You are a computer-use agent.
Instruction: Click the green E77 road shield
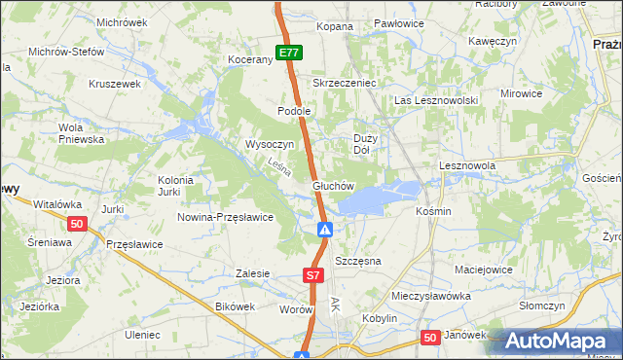288,54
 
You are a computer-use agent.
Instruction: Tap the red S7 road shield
312,276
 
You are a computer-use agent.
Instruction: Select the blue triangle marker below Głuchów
326,231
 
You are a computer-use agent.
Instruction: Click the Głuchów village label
332,185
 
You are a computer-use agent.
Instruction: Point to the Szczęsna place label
357,262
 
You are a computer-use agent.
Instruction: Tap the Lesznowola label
467,165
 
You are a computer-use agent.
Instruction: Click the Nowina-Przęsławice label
224,217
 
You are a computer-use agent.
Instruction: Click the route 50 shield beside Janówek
431,337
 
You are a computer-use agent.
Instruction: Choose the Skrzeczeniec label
344,83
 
